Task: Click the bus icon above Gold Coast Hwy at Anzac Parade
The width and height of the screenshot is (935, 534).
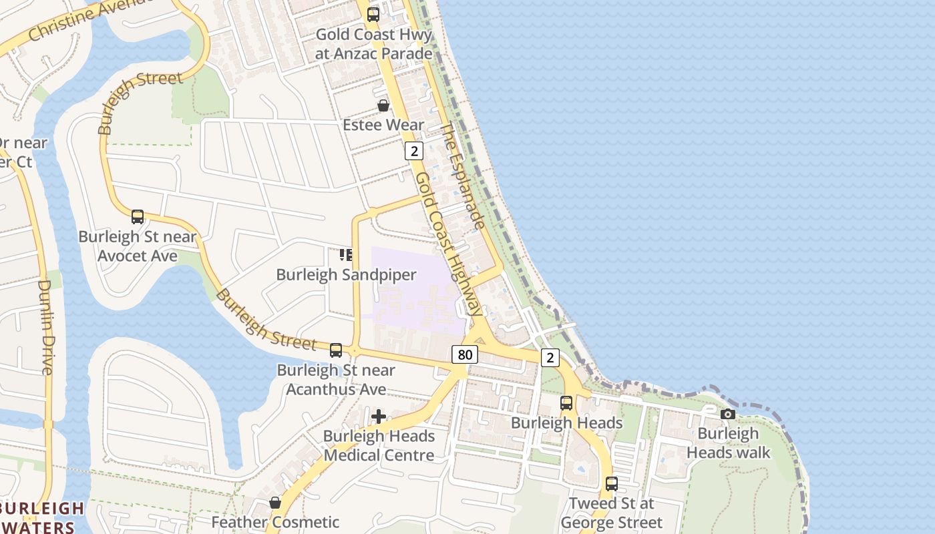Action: click(373, 14)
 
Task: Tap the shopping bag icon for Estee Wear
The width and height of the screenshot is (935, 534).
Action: click(383, 105)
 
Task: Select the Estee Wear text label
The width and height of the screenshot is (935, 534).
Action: click(383, 125)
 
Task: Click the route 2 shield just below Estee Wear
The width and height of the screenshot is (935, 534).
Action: click(414, 151)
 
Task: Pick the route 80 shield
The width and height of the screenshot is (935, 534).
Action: click(464, 354)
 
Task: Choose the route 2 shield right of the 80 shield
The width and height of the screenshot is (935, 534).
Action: click(550, 358)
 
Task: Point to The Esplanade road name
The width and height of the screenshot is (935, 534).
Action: click(462, 176)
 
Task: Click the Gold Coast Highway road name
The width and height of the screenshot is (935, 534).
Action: click(447, 244)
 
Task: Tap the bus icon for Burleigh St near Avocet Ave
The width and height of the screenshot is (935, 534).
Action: click(138, 217)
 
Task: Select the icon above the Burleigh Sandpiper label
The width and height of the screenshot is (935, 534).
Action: click(346, 255)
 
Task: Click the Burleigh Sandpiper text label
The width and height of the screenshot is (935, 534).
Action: click(346, 275)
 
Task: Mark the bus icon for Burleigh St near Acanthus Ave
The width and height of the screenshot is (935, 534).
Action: click(336, 350)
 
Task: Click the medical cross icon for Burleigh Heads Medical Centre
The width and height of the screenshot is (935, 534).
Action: click(379, 417)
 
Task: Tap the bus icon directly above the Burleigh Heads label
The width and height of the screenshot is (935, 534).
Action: click(566, 403)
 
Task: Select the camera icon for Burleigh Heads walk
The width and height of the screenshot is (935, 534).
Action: click(728, 414)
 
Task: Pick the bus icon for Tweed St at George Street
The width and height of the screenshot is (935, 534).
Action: click(611, 484)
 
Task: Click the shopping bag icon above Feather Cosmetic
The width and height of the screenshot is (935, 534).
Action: click(275, 503)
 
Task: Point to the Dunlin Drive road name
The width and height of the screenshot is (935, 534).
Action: click(45, 326)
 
